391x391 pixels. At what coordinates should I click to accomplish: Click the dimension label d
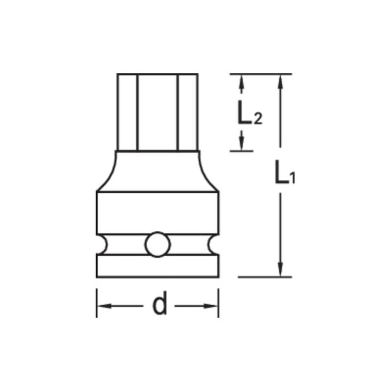coord(159,306)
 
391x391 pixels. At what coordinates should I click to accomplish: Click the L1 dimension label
coord(283,175)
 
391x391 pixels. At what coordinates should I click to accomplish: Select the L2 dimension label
coord(249,112)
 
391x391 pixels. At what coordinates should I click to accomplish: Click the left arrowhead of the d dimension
coord(103,306)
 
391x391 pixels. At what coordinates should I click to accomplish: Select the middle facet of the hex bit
coord(157,111)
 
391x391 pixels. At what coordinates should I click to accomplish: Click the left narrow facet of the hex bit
coord(127,111)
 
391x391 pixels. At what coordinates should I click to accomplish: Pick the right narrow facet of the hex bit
coord(187,111)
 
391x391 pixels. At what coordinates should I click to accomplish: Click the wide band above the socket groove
coord(157,213)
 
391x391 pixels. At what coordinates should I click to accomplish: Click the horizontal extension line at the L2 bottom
coord(242,150)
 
